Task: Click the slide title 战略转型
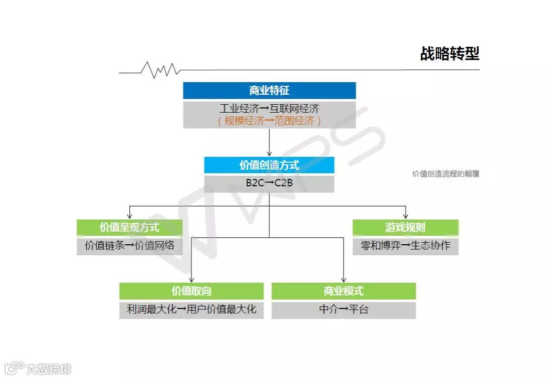pyautogui.click(x=449, y=54)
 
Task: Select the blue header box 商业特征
pyautogui.click(x=269, y=91)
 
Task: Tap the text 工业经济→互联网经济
pyautogui.click(x=269, y=109)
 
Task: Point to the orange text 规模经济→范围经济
pyautogui.click(x=269, y=121)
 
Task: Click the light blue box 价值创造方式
pyautogui.click(x=269, y=165)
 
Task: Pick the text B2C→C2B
pyautogui.click(x=269, y=183)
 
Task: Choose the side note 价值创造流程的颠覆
pyautogui.click(x=445, y=174)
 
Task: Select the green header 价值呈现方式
pyautogui.click(x=129, y=227)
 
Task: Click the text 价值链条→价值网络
pyautogui.click(x=129, y=245)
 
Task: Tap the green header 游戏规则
pyautogui.click(x=406, y=227)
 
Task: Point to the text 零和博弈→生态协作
pyautogui.click(x=406, y=245)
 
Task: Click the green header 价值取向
pyautogui.click(x=191, y=291)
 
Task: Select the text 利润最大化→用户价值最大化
pyautogui.click(x=191, y=309)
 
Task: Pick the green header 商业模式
pyautogui.click(x=343, y=291)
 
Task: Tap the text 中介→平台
pyautogui.click(x=343, y=309)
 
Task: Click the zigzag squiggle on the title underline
pyautogui.click(x=160, y=69)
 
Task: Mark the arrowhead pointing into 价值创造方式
pyautogui.click(x=269, y=153)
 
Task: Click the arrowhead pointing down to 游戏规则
pyautogui.click(x=406, y=216)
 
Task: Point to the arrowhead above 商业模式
pyautogui.click(x=343, y=280)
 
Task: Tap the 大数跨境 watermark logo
pyautogui.click(x=37, y=368)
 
